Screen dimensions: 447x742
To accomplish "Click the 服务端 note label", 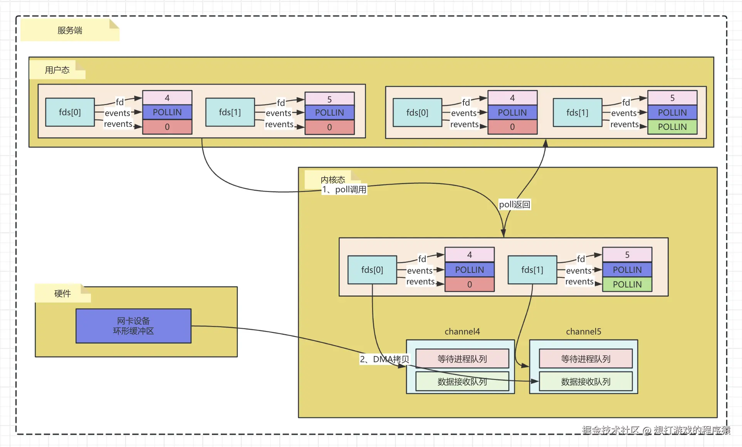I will coord(70,30).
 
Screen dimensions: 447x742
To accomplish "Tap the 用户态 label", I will coord(57,70).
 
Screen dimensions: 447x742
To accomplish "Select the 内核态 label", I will coord(333,179).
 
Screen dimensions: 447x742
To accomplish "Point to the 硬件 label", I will coord(62,294).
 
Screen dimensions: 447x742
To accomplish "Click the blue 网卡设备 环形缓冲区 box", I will coord(133,326).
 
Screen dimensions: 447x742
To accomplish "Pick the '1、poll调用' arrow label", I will coord(344,190).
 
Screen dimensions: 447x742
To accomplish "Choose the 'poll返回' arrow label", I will coord(514,205).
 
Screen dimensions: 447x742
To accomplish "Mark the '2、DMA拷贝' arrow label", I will coord(384,360).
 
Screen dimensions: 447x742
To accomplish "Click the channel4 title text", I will coord(462,331).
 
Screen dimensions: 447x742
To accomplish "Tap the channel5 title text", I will coord(583,331).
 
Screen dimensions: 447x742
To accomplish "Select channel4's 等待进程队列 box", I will coord(462,359).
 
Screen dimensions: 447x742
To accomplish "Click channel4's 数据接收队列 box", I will coord(462,381).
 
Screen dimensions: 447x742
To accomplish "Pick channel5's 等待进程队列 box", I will coord(586,359).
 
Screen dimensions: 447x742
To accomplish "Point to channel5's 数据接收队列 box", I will coord(586,381).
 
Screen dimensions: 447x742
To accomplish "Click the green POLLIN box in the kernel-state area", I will coord(627,284).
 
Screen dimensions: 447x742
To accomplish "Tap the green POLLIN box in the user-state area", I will coord(672,127).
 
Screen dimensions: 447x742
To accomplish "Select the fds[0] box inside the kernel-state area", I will coord(372,270).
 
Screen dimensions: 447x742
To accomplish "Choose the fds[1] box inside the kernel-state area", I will coord(532,270).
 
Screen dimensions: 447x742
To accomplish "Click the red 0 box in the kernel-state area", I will coord(469,284).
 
